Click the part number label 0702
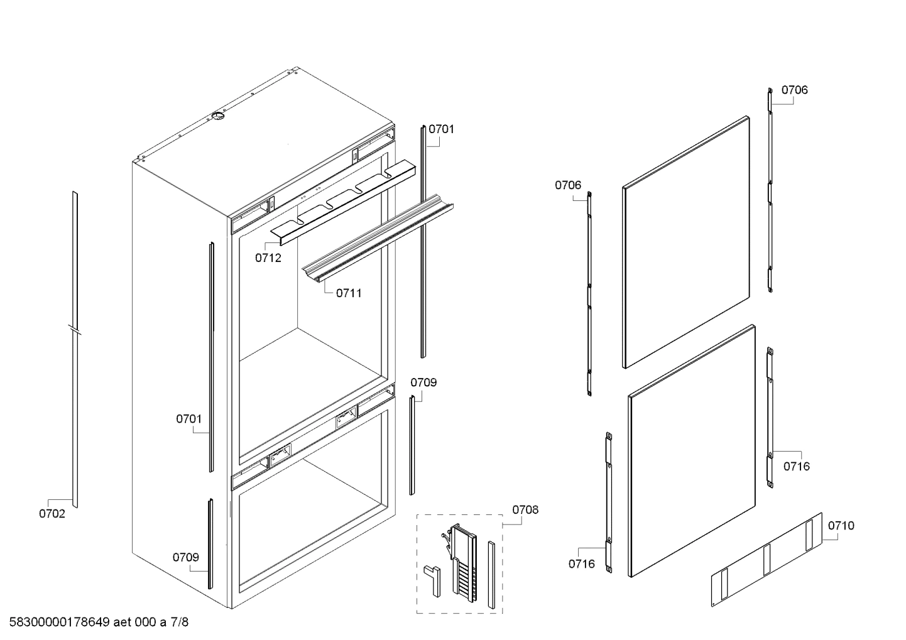point(52,514)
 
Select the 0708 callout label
point(525,509)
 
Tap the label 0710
point(841,526)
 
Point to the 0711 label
point(348,293)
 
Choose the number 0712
point(268,258)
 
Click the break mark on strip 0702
point(75,329)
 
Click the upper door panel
point(686,242)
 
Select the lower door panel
point(691,451)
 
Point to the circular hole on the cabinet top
point(217,116)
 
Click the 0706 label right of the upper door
point(794,90)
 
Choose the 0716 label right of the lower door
point(796,466)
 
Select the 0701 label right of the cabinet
point(441,129)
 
